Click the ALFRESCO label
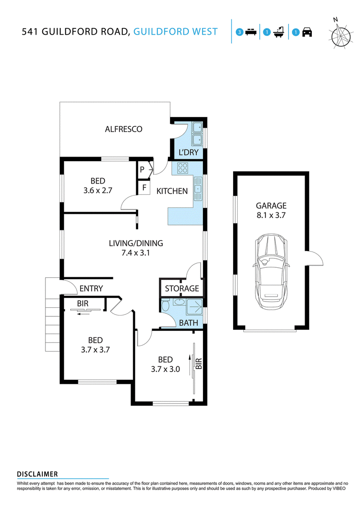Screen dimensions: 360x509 (x=123, y=129)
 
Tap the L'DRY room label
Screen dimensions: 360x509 (x=189, y=152)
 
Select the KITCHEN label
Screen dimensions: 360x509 (x=172, y=191)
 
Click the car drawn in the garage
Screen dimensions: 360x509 (x=271, y=272)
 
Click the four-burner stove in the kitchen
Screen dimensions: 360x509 (x=182, y=168)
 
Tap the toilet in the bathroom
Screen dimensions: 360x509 (x=166, y=305)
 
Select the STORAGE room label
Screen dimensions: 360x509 (x=182, y=288)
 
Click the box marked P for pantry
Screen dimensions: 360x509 (x=142, y=170)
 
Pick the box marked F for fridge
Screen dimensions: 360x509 (x=144, y=188)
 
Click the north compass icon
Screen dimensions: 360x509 (x=340, y=34)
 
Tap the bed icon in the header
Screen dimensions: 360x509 (x=251, y=32)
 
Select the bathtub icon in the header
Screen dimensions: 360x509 (x=279, y=32)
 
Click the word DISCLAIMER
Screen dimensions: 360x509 (x=37, y=474)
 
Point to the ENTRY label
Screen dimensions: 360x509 (x=91, y=288)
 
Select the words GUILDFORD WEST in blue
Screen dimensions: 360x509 (x=175, y=32)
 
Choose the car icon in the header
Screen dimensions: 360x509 (x=307, y=32)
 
